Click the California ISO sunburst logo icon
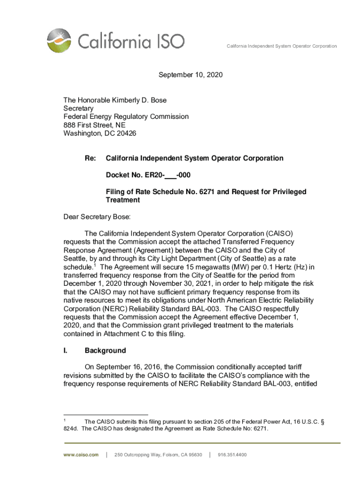point(60,40)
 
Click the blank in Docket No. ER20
point(171,175)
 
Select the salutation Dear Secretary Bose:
point(97,217)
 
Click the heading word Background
point(105,350)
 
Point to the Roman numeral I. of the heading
point(65,350)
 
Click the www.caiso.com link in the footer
point(82,455)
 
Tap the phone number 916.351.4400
point(232,455)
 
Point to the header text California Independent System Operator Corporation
point(281,46)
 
